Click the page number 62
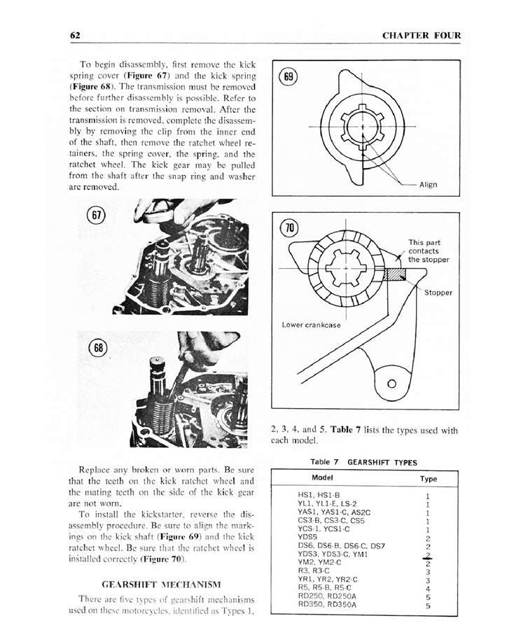coord(76,36)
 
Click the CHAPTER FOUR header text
coord(422,36)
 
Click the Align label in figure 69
coord(428,185)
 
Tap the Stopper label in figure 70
coord(438,293)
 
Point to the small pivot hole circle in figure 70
coord(391,384)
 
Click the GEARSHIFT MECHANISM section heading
coord(161,583)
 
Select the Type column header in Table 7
coord(428,479)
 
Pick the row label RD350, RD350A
coord(327,604)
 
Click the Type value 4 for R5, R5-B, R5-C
coord(427,588)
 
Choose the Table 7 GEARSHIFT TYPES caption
coord(363,462)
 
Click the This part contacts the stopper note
coord(429,251)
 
